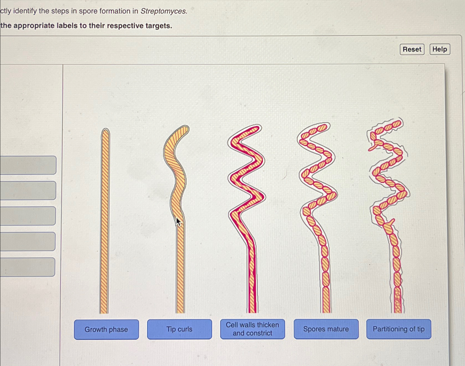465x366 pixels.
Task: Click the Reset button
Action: click(x=412, y=49)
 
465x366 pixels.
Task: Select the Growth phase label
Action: click(x=106, y=329)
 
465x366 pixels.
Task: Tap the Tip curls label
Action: click(x=179, y=329)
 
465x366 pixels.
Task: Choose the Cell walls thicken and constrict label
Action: click(x=252, y=329)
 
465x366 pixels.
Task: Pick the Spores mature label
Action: click(x=326, y=329)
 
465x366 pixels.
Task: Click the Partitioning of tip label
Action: click(x=398, y=329)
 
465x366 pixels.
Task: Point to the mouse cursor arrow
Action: click(x=178, y=221)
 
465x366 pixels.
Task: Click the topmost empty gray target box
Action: click(x=28, y=165)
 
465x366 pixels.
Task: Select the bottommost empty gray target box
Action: click(x=28, y=267)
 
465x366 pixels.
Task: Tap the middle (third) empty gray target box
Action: click(x=28, y=216)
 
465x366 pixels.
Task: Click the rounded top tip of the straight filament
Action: click(x=105, y=131)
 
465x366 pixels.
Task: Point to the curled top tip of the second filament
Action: click(x=185, y=129)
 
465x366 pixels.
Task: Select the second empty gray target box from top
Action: click(x=28, y=190)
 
